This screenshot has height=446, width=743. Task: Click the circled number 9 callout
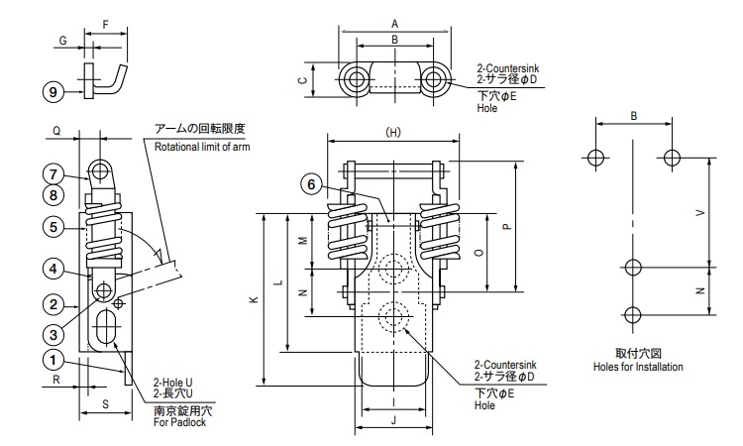(53, 91)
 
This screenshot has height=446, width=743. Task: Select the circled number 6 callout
(311, 184)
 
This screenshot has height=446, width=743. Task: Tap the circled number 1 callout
(53, 360)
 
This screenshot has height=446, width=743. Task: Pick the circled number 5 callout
(53, 227)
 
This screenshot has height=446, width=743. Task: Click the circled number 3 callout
(53, 335)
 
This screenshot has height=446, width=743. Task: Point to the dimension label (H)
(393, 132)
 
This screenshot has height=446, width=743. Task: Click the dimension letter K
(255, 299)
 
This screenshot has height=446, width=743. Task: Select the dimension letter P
(507, 227)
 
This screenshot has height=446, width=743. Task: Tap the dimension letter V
(699, 213)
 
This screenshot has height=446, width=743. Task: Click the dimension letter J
(393, 419)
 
